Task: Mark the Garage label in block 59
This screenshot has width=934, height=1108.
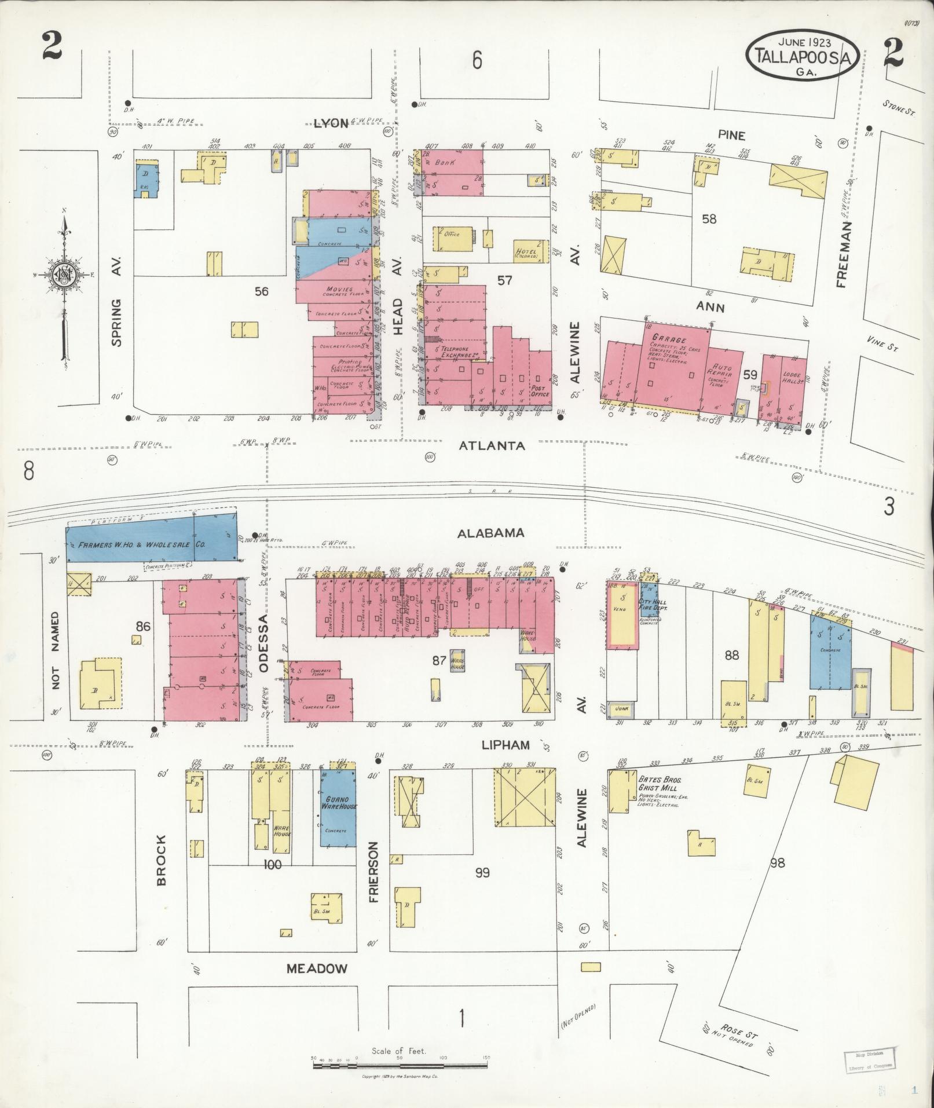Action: click(x=668, y=339)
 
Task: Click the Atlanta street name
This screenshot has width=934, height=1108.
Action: click(x=492, y=445)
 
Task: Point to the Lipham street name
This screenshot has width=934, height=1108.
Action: click(x=506, y=745)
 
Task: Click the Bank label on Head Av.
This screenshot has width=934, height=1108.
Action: click(x=446, y=163)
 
